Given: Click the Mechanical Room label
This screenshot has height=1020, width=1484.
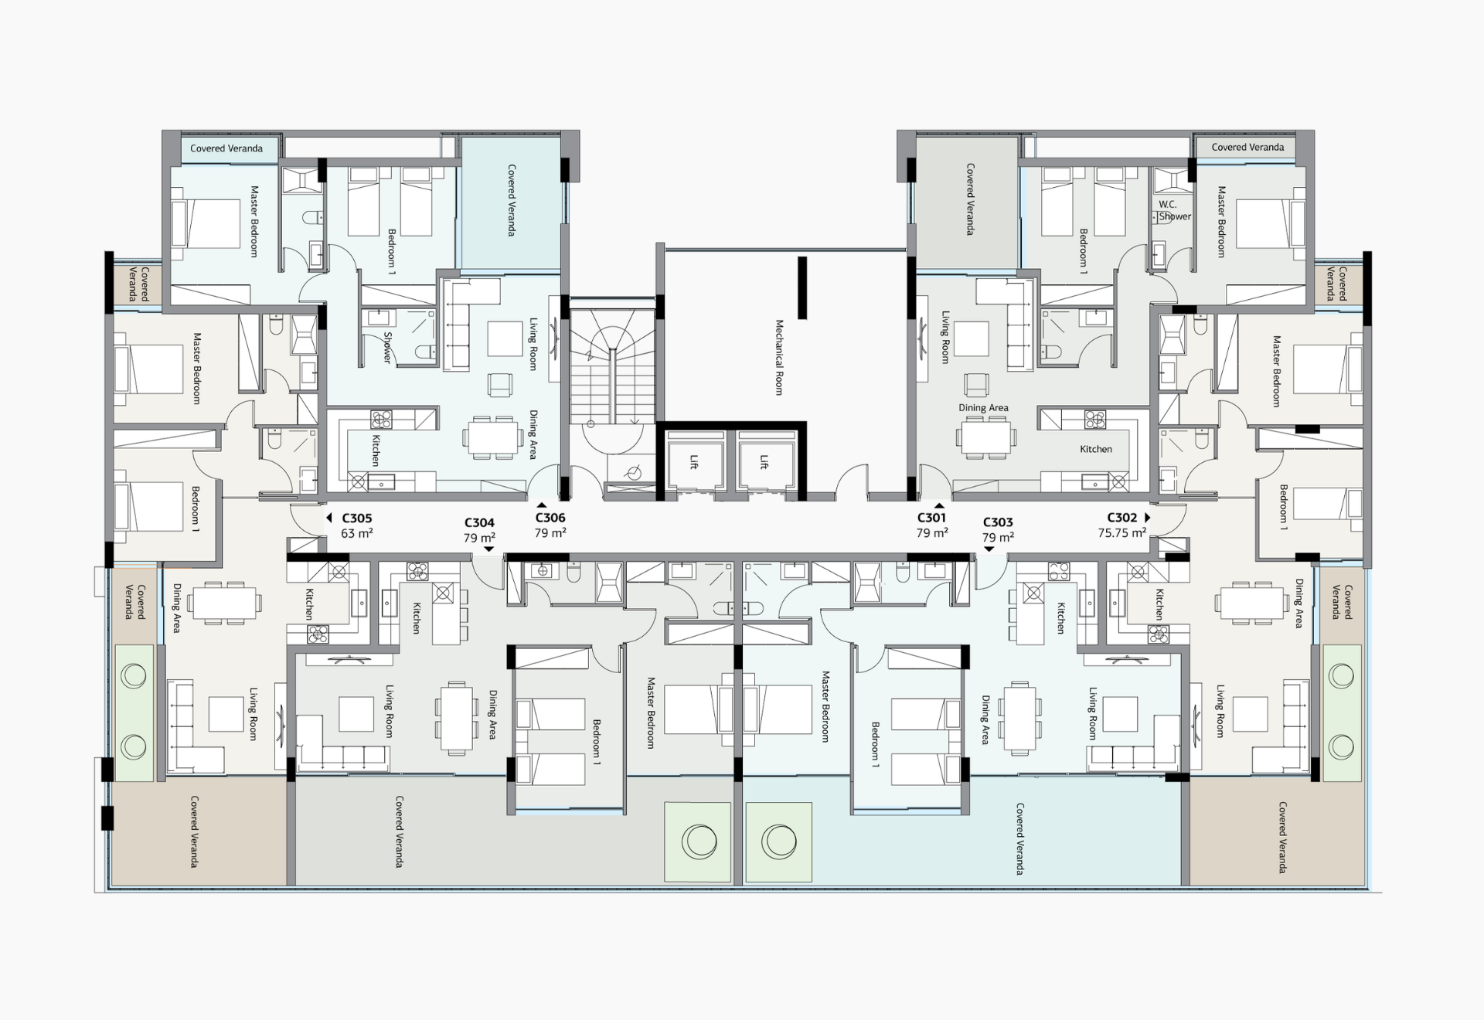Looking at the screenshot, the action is [779, 357].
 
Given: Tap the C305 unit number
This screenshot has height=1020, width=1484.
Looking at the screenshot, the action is [356, 518].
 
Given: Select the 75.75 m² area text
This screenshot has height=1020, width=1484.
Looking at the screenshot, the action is [1122, 532].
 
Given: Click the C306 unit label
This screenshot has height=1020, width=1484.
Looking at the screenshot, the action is [550, 518].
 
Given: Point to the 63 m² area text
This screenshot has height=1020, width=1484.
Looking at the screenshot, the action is [357, 533].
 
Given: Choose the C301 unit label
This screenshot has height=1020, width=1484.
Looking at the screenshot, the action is [931, 518].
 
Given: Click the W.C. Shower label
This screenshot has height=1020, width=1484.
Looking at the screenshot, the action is [1174, 210].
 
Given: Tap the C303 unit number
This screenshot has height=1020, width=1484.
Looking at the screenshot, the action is [998, 522].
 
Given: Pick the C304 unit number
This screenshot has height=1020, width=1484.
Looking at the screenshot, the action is [479, 523].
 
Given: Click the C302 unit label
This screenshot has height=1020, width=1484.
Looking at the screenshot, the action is [1122, 518].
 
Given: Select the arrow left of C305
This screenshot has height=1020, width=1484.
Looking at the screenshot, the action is [329, 518].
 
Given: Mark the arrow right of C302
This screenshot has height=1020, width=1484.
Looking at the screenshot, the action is [1148, 517].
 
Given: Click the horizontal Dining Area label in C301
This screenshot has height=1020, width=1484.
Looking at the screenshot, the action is [983, 407].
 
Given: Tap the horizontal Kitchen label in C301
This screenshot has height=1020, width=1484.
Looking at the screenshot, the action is [1096, 449].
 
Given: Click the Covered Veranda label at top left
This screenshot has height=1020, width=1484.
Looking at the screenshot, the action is [226, 148].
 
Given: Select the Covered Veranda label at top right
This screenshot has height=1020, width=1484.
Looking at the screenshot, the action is [1247, 147].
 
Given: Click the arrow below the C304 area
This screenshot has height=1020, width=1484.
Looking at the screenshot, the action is [488, 549].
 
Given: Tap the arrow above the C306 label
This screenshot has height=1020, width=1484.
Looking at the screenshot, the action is [542, 505].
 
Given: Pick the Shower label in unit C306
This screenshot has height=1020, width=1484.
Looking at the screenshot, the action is [388, 348].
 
